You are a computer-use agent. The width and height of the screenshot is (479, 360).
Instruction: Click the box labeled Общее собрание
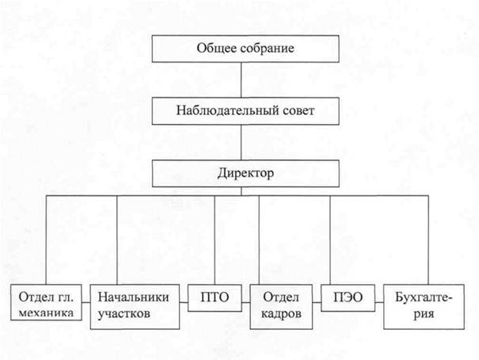[245, 49]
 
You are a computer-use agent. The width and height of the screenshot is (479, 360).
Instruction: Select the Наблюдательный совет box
[245, 111]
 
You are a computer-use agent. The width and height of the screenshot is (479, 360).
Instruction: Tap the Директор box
[245, 173]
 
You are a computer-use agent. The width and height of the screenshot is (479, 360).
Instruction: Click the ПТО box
[215, 298]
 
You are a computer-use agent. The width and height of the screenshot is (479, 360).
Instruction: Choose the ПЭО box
[348, 298]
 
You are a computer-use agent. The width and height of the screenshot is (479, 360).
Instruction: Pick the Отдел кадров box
[281, 307]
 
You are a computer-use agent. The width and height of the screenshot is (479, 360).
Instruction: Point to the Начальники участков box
[135, 307]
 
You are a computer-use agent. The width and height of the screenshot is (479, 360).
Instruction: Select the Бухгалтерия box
[424, 307]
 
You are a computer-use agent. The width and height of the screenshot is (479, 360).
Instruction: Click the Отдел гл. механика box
[46, 302]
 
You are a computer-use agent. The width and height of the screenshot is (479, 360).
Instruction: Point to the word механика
[46, 313]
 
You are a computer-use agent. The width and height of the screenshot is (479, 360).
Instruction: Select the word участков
[124, 314]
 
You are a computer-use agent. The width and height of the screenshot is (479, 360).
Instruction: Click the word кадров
[281, 314]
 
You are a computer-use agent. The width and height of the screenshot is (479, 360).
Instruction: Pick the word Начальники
[134, 297]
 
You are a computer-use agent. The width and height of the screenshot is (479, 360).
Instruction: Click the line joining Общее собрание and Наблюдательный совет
[241, 80]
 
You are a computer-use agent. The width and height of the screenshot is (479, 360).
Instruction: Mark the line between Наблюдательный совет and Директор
[241, 142]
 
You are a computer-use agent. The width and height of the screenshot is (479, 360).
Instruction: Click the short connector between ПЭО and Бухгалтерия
[379, 302]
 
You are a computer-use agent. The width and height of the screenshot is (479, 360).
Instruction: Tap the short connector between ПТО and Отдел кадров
[245, 302]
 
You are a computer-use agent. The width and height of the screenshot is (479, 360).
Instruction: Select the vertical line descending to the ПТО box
[215, 240]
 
